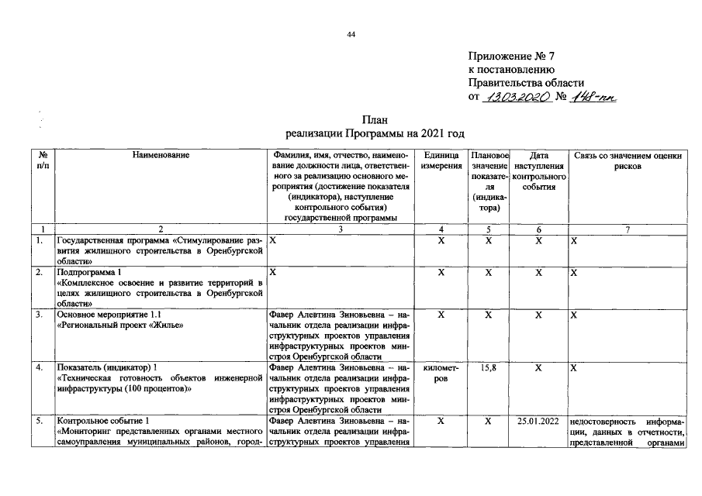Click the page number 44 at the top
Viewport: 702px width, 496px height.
351,34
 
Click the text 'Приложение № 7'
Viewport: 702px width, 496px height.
513,57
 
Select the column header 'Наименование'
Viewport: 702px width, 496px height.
161,156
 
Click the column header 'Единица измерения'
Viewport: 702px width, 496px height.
441,161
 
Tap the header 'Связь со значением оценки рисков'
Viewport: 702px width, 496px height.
628,161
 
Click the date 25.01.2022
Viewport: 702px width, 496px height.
538,422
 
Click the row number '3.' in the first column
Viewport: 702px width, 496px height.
39,315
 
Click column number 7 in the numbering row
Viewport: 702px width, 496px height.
628,229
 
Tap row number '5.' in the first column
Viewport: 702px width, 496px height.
39,422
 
